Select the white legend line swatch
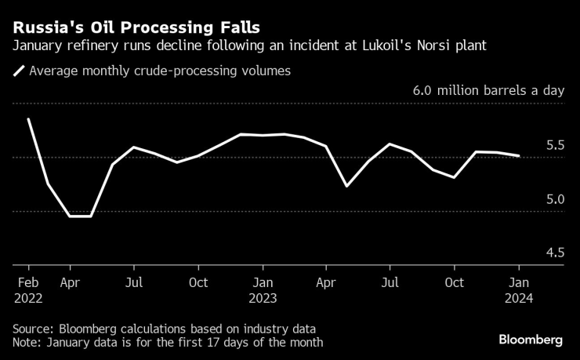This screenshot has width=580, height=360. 18,71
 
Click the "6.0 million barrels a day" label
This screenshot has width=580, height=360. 488,91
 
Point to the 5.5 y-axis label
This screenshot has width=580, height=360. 555,145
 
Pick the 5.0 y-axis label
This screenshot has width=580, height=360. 555,199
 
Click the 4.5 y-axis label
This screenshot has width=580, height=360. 555,253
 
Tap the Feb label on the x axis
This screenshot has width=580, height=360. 28,282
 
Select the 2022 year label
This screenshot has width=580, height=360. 28,298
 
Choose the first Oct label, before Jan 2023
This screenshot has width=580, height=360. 198,282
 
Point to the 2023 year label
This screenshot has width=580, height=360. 263,298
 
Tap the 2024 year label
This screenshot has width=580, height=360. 519,298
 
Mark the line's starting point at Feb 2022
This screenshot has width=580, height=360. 28,119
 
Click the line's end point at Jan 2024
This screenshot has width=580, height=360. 519,156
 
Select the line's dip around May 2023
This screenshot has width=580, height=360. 347,186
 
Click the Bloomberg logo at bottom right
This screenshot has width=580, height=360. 531,340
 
